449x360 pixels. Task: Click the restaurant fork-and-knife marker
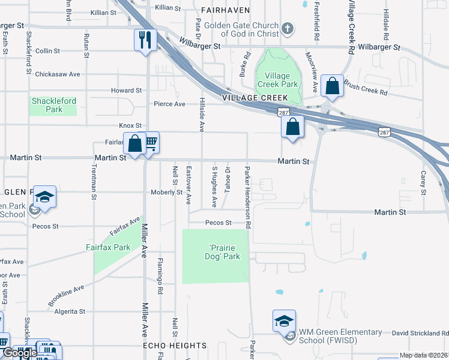tap(145, 40)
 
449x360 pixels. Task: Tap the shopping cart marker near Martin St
tap(150, 143)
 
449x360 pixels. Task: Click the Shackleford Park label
tap(54, 106)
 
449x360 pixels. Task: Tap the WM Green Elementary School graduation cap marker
tap(284, 321)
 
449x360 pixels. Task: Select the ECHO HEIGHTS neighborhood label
tap(175, 346)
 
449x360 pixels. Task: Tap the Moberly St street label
tap(166, 192)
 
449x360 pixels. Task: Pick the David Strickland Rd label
tap(420, 333)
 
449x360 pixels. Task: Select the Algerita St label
tap(70, 311)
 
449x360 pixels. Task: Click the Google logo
tap(19, 353)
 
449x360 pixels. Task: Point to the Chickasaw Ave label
tap(58, 74)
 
